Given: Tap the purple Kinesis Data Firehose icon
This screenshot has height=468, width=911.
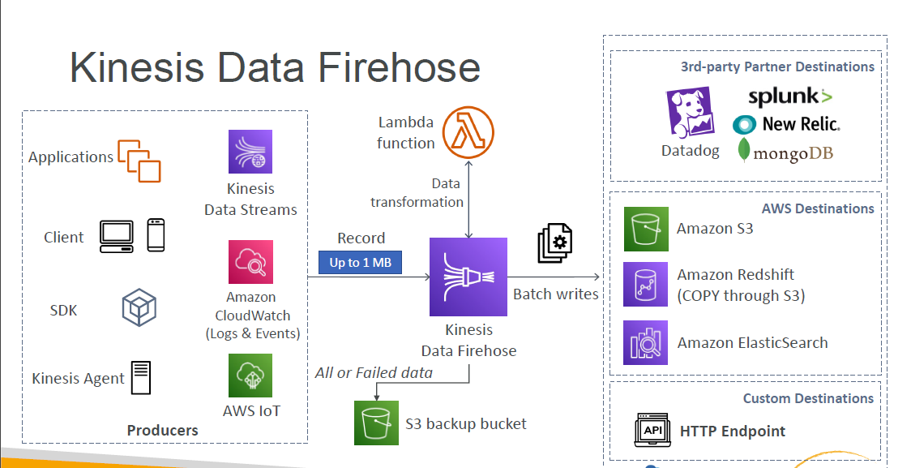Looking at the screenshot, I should (468, 277).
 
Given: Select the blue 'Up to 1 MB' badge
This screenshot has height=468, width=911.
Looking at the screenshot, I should (360, 263).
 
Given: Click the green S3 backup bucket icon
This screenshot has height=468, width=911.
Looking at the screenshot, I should (376, 423).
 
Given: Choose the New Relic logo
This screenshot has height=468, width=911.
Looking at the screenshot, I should (786, 124).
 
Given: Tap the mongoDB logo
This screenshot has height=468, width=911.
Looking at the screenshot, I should (786, 152).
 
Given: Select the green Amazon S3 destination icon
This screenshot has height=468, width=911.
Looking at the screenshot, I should (645, 229).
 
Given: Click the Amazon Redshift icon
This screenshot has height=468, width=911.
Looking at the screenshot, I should (645, 284).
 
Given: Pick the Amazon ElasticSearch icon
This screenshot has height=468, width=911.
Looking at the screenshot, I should (645, 342).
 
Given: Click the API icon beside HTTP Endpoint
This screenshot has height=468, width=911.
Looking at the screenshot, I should (652, 431).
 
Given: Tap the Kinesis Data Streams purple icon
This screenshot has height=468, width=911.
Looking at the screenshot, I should (250, 152).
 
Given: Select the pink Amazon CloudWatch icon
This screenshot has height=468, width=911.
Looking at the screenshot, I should (250, 261).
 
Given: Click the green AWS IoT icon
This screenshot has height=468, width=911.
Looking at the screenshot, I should (250, 375).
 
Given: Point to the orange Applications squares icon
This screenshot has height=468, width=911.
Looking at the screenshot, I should (139, 161).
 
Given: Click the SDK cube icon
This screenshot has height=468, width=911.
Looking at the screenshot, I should (139, 309).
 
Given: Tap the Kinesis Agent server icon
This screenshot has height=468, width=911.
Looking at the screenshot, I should (141, 378).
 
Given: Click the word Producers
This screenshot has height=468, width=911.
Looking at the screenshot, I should (163, 430).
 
